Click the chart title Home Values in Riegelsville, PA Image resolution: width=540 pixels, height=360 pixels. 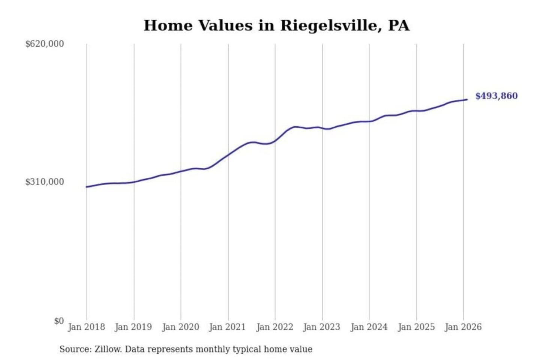point(276,25)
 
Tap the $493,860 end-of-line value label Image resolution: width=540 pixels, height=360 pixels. point(496,96)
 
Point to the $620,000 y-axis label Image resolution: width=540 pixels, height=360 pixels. point(44,44)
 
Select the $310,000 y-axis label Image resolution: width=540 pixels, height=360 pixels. point(44,182)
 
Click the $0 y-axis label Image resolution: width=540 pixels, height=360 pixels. point(58,321)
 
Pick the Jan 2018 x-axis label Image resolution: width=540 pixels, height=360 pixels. point(86,327)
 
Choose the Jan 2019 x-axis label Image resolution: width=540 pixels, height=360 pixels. point(133,327)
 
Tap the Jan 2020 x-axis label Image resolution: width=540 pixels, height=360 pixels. point(180,327)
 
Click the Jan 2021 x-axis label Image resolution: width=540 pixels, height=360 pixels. point(227,327)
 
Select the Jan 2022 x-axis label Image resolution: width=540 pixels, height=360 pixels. point(274,327)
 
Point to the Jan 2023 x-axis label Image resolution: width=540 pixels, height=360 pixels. point(321,327)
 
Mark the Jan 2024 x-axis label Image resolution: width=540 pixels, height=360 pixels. point(369,327)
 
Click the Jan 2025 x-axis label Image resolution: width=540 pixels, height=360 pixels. point(416,327)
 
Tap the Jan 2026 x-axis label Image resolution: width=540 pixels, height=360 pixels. point(463,327)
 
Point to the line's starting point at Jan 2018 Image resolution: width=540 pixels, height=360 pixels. point(87,187)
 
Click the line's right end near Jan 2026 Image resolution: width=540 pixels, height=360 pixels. point(466,100)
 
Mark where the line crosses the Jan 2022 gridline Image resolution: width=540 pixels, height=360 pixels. point(275,141)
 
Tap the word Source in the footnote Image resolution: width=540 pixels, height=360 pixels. point(75,349)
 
